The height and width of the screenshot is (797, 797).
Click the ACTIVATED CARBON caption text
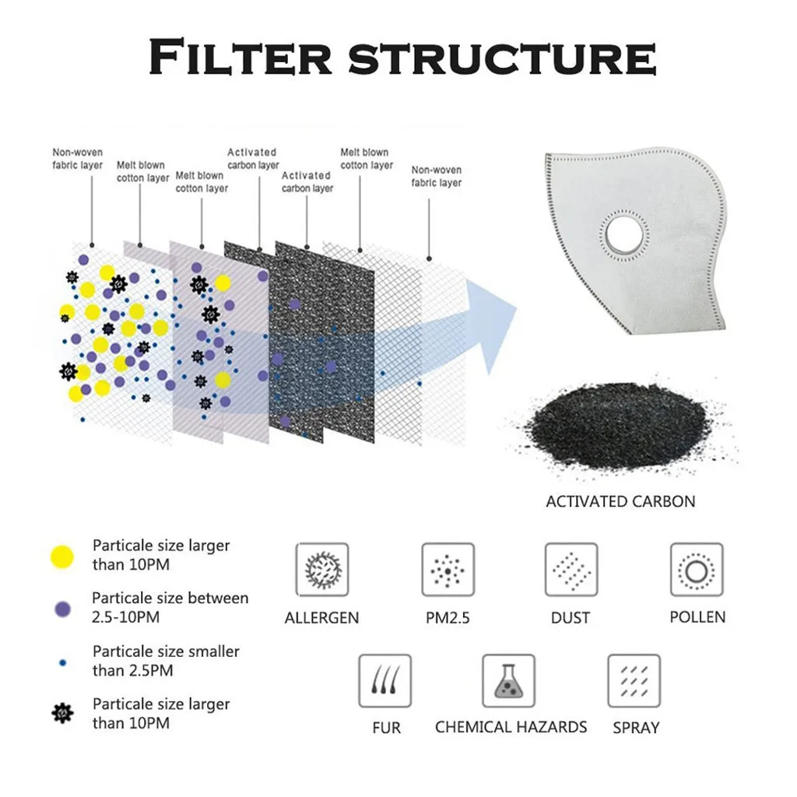pyautogui.click(x=620, y=501)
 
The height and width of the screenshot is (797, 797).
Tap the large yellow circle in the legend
pyautogui.click(x=62, y=556)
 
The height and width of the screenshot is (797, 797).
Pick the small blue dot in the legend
pyautogui.click(x=62, y=662)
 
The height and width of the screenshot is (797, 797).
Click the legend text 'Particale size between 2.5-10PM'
pyautogui.click(x=170, y=607)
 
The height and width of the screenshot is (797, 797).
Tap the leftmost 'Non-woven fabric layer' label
pyautogui.click(x=77, y=159)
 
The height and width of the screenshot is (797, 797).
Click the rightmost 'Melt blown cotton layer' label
pyautogui.click(x=366, y=159)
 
